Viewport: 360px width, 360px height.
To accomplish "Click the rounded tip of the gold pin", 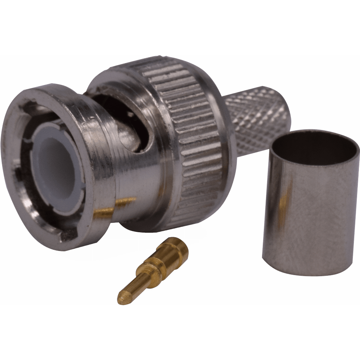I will [x=121, y=298].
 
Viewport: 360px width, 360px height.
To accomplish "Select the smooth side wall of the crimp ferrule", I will [x=317, y=216].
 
